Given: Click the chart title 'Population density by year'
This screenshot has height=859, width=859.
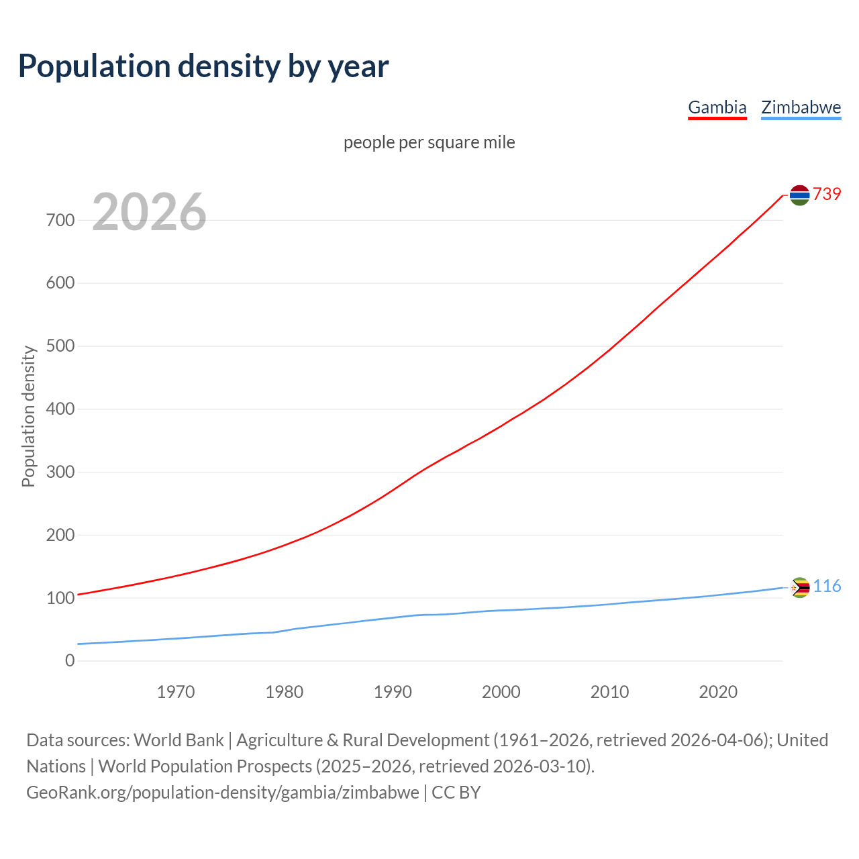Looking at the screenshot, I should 203,66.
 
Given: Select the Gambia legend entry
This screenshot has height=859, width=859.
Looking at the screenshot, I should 717,107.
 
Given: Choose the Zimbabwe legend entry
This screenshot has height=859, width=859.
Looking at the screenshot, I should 801,107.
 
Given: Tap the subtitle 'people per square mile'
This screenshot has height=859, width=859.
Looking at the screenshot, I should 429,142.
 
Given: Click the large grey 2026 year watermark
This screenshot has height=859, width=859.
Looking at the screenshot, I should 149,212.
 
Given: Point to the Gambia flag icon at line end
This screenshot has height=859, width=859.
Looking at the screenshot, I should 799,195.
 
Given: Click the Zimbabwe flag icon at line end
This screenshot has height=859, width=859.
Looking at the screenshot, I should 799,587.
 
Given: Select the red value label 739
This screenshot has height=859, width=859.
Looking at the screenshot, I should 827,194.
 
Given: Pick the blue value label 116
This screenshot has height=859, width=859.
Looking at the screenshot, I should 827,587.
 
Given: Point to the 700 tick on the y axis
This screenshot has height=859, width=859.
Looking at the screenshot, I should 60,220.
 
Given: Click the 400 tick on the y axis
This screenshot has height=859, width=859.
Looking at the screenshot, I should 60,409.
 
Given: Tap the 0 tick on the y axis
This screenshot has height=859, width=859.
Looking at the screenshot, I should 70,660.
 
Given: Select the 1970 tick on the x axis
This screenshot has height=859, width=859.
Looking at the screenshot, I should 176,692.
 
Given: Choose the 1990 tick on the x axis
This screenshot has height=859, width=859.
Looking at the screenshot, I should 393,692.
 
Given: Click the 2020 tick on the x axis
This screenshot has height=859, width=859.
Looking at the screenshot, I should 718,692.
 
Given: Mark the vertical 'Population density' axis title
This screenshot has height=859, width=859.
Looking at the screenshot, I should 28,416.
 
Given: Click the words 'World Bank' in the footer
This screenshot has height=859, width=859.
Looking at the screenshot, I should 179,740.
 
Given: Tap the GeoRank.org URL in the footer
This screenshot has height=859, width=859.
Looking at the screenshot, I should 222,793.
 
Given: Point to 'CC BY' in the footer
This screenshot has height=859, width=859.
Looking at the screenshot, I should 456,793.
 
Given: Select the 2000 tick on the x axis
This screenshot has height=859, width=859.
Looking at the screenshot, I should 501,692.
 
